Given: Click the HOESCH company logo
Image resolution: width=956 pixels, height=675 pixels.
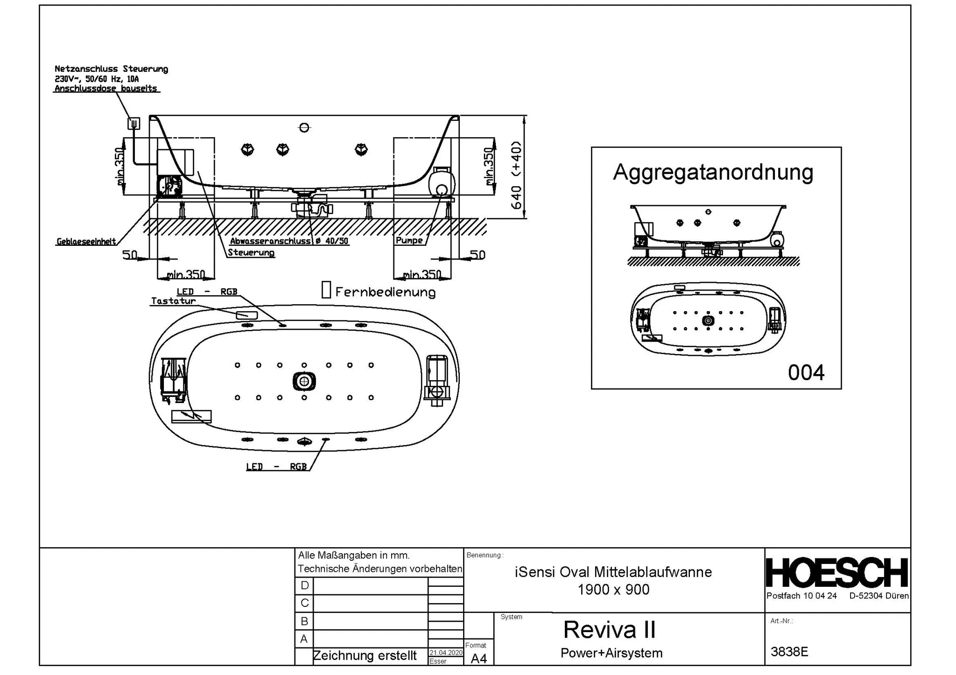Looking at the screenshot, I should click(x=837, y=573).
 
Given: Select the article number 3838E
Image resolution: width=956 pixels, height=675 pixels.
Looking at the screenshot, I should click(x=789, y=652).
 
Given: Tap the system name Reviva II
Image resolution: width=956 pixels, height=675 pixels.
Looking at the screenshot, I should click(x=610, y=630).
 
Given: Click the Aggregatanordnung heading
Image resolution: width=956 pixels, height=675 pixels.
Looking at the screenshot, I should click(x=713, y=172).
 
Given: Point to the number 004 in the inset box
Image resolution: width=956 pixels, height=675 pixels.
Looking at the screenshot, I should click(x=806, y=373).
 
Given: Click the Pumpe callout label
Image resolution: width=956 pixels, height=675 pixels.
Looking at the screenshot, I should click(x=409, y=241).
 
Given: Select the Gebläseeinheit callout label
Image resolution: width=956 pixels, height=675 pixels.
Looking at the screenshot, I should click(x=86, y=242).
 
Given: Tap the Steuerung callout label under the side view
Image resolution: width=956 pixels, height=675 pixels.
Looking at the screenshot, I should click(x=251, y=253).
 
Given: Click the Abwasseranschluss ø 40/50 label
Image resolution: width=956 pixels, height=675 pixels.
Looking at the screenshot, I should click(x=289, y=241).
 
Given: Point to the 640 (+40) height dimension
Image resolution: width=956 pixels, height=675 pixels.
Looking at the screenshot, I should click(x=517, y=175).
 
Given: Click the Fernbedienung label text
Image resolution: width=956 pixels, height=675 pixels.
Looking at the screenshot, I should click(x=385, y=292).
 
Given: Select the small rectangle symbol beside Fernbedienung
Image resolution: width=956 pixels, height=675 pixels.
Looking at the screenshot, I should click(x=326, y=290).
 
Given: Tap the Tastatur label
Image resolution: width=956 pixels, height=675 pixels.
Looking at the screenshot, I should click(x=173, y=301).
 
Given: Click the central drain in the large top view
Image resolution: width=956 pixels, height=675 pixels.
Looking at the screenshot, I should click(x=304, y=382).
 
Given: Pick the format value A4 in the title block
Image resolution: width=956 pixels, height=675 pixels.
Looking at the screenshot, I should click(x=479, y=658).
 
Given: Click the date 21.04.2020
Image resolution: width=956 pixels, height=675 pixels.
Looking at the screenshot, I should click(x=446, y=653).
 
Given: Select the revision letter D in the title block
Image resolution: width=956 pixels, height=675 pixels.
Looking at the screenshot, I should click(x=304, y=586).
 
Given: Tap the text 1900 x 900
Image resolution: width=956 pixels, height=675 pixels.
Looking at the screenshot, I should click(x=613, y=590).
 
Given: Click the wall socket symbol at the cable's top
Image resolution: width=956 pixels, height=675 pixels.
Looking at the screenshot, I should click(x=134, y=123).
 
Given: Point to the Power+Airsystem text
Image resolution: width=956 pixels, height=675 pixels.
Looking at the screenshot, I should click(x=612, y=653).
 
